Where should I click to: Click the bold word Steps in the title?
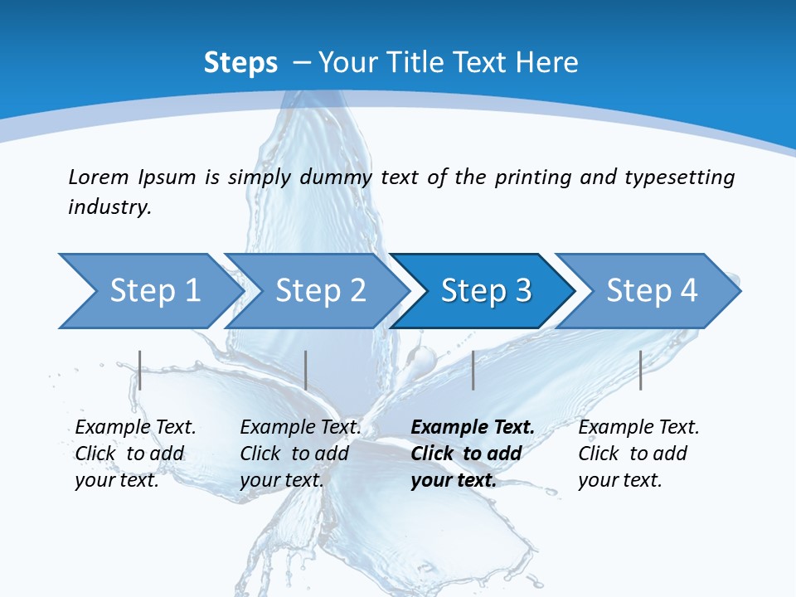tap(240, 62)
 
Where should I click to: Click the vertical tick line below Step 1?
tap(140, 370)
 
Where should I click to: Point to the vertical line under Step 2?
tap(306, 370)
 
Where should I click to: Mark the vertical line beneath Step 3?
tap(473, 370)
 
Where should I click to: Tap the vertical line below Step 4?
tap(640, 370)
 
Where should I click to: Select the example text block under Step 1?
tap(135, 454)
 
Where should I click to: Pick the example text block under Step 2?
tap(300, 454)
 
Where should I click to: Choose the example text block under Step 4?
tap(638, 454)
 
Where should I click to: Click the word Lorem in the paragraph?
tap(99, 177)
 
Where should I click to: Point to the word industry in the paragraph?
tap(109, 207)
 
